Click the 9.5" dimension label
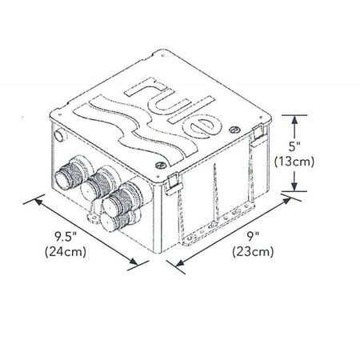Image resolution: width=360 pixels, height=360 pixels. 66,237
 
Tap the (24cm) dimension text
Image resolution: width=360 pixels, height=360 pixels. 66,252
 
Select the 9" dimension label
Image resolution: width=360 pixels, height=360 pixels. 253,237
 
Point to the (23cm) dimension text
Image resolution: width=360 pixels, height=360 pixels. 253,252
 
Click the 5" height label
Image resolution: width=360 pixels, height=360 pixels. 294,146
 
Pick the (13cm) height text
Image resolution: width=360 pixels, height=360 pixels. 294,162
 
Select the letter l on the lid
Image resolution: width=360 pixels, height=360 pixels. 191,110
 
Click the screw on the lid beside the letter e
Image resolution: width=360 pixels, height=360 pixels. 234,130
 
